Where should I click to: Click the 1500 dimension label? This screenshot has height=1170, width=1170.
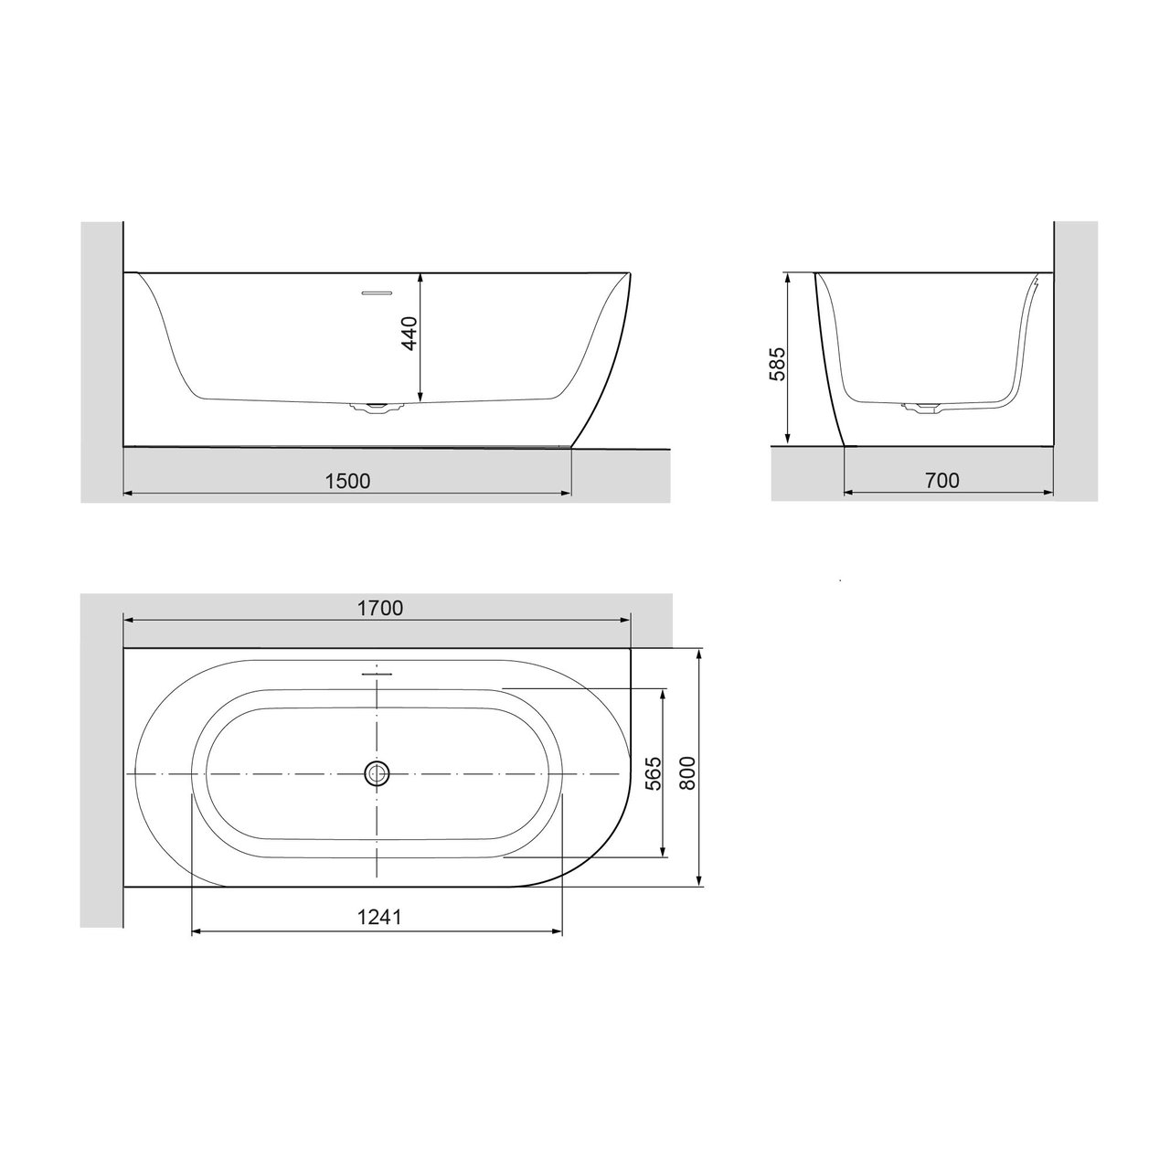pyautogui.click(x=347, y=482)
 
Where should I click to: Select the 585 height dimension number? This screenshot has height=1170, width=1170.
pyautogui.click(x=777, y=365)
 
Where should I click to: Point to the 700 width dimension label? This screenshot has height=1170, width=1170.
pyautogui.click(x=942, y=481)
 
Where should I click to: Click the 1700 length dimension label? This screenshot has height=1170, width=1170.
pyautogui.click(x=380, y=609)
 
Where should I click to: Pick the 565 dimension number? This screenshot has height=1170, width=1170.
pyautogui.click(x=653, y=773)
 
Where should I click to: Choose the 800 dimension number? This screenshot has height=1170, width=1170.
pyautogui.click(x=686, y=773)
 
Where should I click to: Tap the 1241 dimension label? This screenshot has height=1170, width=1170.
pyautogui.click(x=378, y=917)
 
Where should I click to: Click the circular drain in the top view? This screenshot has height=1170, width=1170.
pyautogui.click(x=377, y=773)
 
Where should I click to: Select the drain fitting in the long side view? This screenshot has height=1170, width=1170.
pyautogui.click(x=377, y=406)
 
